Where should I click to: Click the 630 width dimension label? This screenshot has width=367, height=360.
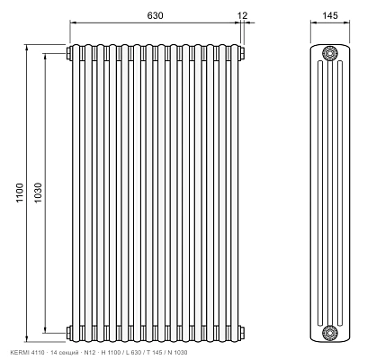(155, 15)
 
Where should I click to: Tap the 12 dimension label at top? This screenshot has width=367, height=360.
(243, 15)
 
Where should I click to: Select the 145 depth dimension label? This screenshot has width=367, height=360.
(330, 15)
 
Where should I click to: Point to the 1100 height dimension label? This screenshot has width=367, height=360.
(20, 193)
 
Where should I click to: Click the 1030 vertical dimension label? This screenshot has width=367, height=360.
(38, 193)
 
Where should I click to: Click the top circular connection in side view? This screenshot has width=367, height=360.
(330, 53)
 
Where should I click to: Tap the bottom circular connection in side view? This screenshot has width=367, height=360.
(330, 333)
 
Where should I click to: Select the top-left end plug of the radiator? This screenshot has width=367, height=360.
(68, 53)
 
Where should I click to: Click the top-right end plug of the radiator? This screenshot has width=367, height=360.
(242, 53)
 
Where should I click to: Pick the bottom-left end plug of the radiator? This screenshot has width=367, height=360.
(68, 333)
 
